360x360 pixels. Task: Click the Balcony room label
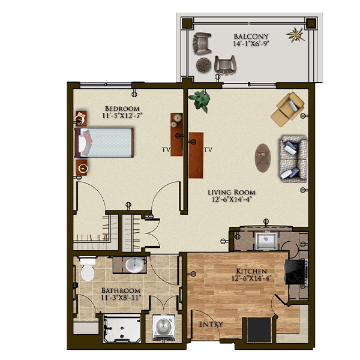coord(251,37)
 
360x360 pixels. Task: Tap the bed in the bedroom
coord(104,143)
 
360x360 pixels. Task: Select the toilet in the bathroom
coord(88,268)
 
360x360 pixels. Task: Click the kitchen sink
coord(266,241)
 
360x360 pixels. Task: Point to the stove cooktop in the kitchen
coord(295,272)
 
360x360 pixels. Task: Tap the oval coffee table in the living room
coord(263,158)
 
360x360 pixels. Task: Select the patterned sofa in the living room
coord(293,159)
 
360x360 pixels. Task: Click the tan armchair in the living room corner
coord(287,109)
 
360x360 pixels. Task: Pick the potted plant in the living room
coord(200,101)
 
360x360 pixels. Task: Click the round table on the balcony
coord(203,65)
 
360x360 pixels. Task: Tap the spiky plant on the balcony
coord(295,34)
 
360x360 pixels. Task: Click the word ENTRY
coord(211,324)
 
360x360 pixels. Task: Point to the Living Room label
coord(232,192)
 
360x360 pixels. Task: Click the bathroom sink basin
coord(135,265)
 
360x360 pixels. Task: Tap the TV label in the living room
coord(208,149)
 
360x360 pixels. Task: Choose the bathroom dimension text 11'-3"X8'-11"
coord(121,298)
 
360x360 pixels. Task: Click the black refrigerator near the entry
coord(259,329)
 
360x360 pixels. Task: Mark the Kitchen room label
coord(251,271)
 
